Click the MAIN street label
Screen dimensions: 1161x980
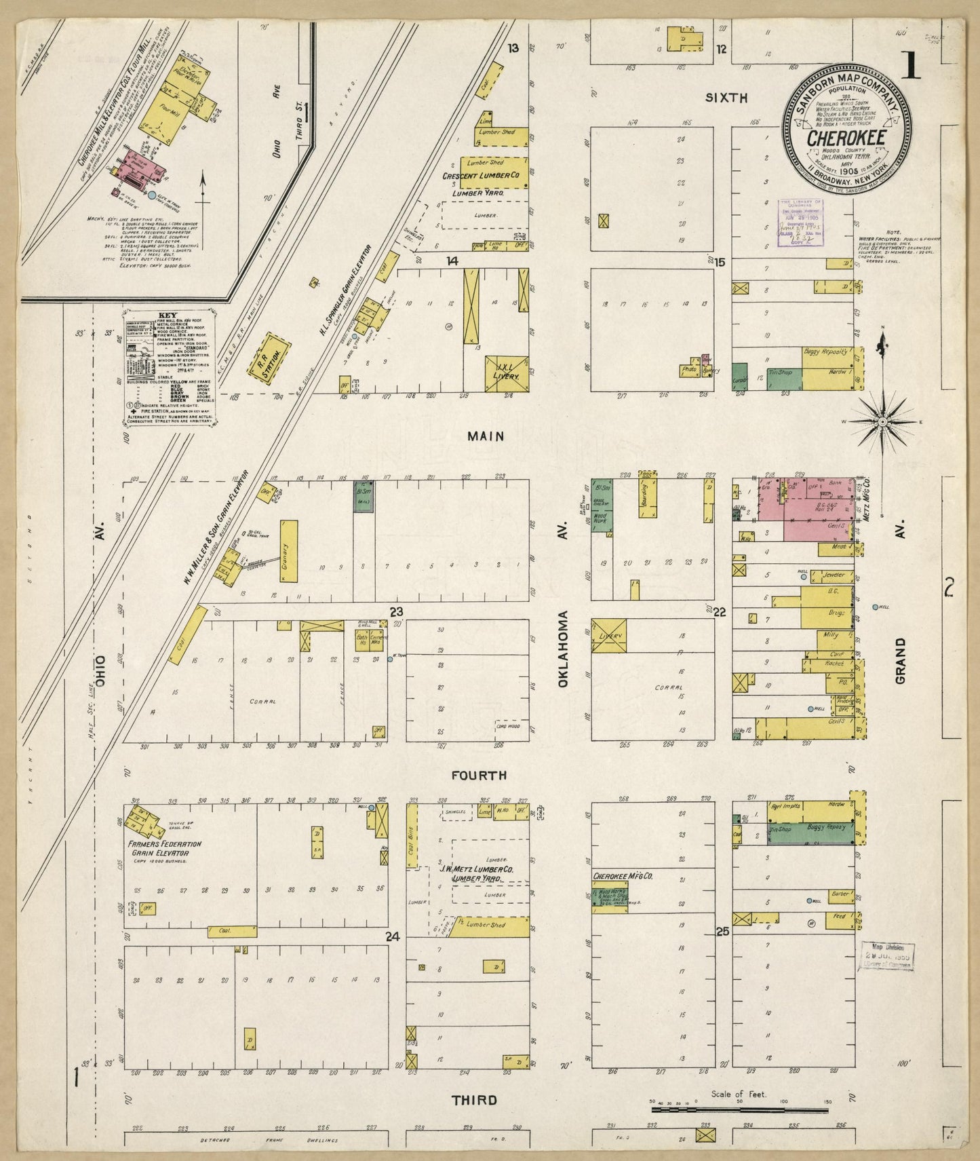[486, 437]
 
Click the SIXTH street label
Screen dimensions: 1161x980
[726, 98]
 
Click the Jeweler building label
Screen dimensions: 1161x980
[833, 575]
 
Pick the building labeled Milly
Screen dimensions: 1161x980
[831, 636]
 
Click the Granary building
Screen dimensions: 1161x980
[288, 550]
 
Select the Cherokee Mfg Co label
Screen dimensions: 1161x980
[622, 876]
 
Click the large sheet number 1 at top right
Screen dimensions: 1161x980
[911, 66]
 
